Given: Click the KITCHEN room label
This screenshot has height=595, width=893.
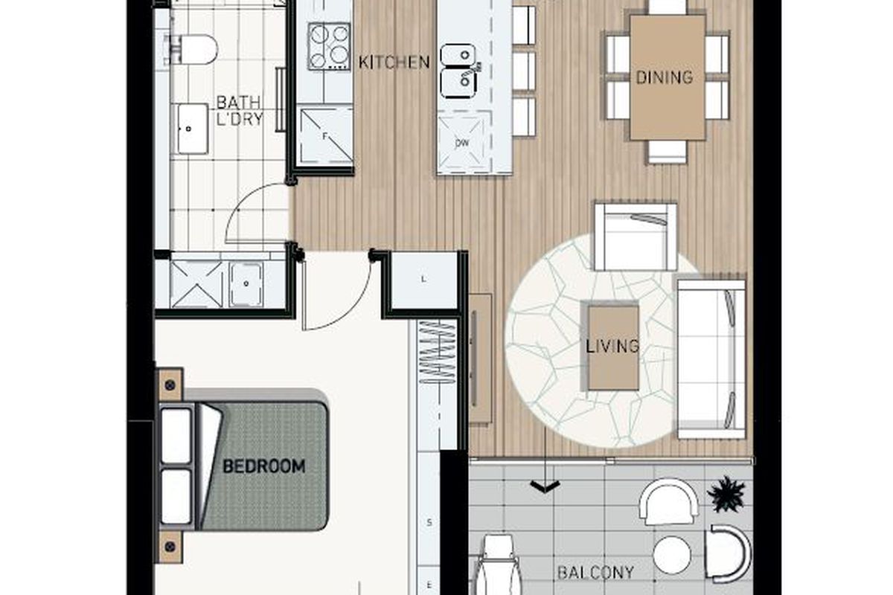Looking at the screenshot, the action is point(394,62).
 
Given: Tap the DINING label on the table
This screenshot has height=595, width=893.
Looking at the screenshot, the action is point(664,77).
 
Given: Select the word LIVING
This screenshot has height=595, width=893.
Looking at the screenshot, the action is point(612,346).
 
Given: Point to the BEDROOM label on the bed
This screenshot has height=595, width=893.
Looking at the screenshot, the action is point(264,466).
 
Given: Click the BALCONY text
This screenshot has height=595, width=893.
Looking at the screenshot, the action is point(595,573).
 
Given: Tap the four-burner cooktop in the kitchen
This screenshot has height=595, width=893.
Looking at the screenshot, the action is point(329,46).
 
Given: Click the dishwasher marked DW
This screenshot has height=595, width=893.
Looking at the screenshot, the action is point(462,142).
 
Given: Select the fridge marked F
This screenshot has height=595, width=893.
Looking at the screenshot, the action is point(326,136).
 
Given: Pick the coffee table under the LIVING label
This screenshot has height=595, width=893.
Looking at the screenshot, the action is point(613,347).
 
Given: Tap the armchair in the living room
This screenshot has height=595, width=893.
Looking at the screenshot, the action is point(635,237).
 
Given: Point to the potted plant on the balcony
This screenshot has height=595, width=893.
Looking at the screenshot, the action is point(726,494).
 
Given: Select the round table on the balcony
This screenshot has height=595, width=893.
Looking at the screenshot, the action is point(672,555).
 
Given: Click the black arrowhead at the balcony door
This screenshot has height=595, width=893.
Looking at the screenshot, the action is point(545,486).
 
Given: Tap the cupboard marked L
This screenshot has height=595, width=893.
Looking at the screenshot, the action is point(423,280).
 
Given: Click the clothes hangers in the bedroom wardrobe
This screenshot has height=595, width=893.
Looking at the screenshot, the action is point(438,352).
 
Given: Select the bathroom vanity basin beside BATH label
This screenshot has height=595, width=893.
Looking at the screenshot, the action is point(193,129).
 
